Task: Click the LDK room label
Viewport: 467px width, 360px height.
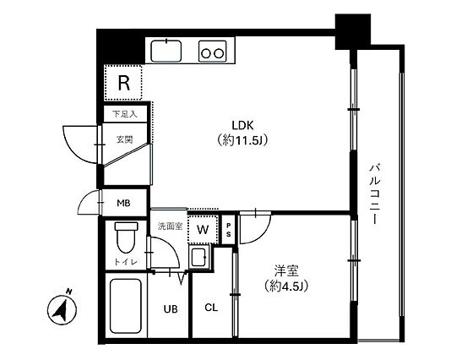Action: point(242,125)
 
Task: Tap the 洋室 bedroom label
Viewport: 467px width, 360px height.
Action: point(286,270)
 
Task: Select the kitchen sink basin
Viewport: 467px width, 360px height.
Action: point(166,51)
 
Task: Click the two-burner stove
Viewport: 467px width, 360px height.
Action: point(212,51)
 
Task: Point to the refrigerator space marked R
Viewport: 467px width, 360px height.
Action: point(123,83)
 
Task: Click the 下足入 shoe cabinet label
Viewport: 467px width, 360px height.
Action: point(125,113)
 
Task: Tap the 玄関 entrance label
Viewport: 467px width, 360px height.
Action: point(124,139)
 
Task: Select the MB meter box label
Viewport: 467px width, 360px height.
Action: point(123,204)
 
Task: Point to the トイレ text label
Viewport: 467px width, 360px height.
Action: point(126,262)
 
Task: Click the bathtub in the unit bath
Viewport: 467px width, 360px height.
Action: point(125,306)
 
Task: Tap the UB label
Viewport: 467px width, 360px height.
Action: point(171,309)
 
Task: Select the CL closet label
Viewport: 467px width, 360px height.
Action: point(211,308)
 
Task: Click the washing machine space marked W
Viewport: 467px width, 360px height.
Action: point(203,229)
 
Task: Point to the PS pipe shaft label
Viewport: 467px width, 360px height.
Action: point(229,230)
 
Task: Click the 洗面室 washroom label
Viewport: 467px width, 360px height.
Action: point(170,226)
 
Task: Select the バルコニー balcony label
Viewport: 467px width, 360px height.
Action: point(375,194)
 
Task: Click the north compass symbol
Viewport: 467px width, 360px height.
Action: point(62,308)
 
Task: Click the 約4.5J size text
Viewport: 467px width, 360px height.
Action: point(286,286)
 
